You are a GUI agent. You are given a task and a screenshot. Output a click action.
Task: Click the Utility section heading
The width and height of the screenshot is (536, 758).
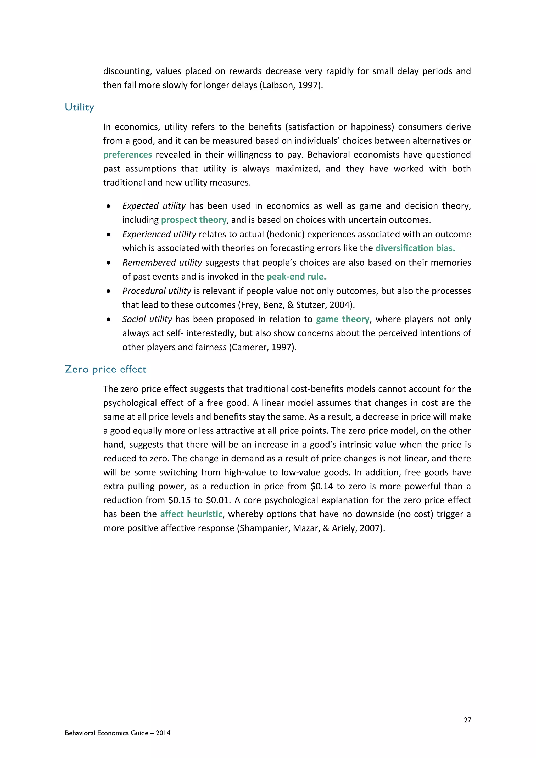80,107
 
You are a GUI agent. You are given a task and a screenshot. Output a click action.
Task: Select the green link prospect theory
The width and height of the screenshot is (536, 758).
194,220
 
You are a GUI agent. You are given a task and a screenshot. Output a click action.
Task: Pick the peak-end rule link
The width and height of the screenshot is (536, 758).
296,276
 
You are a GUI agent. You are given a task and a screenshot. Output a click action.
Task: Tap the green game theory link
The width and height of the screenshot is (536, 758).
343,319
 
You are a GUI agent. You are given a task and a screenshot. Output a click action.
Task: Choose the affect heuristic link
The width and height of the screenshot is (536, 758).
191,514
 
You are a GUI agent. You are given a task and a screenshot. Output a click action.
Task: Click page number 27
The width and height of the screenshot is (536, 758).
467,720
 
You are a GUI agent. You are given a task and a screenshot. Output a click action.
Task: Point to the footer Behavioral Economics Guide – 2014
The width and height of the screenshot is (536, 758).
118,733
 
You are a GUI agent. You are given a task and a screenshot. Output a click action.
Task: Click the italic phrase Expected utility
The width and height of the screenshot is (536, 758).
154,206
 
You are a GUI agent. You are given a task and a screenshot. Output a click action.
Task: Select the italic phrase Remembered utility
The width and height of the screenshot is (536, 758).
162,263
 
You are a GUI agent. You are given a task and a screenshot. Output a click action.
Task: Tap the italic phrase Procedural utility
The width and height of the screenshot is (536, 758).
157,291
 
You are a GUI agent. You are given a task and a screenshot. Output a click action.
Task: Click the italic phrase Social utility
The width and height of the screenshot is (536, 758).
147,319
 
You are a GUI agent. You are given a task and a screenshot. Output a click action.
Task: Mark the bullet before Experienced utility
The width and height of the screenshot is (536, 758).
109,235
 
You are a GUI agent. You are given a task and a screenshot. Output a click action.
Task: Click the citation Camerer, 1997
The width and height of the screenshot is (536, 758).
263,347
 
